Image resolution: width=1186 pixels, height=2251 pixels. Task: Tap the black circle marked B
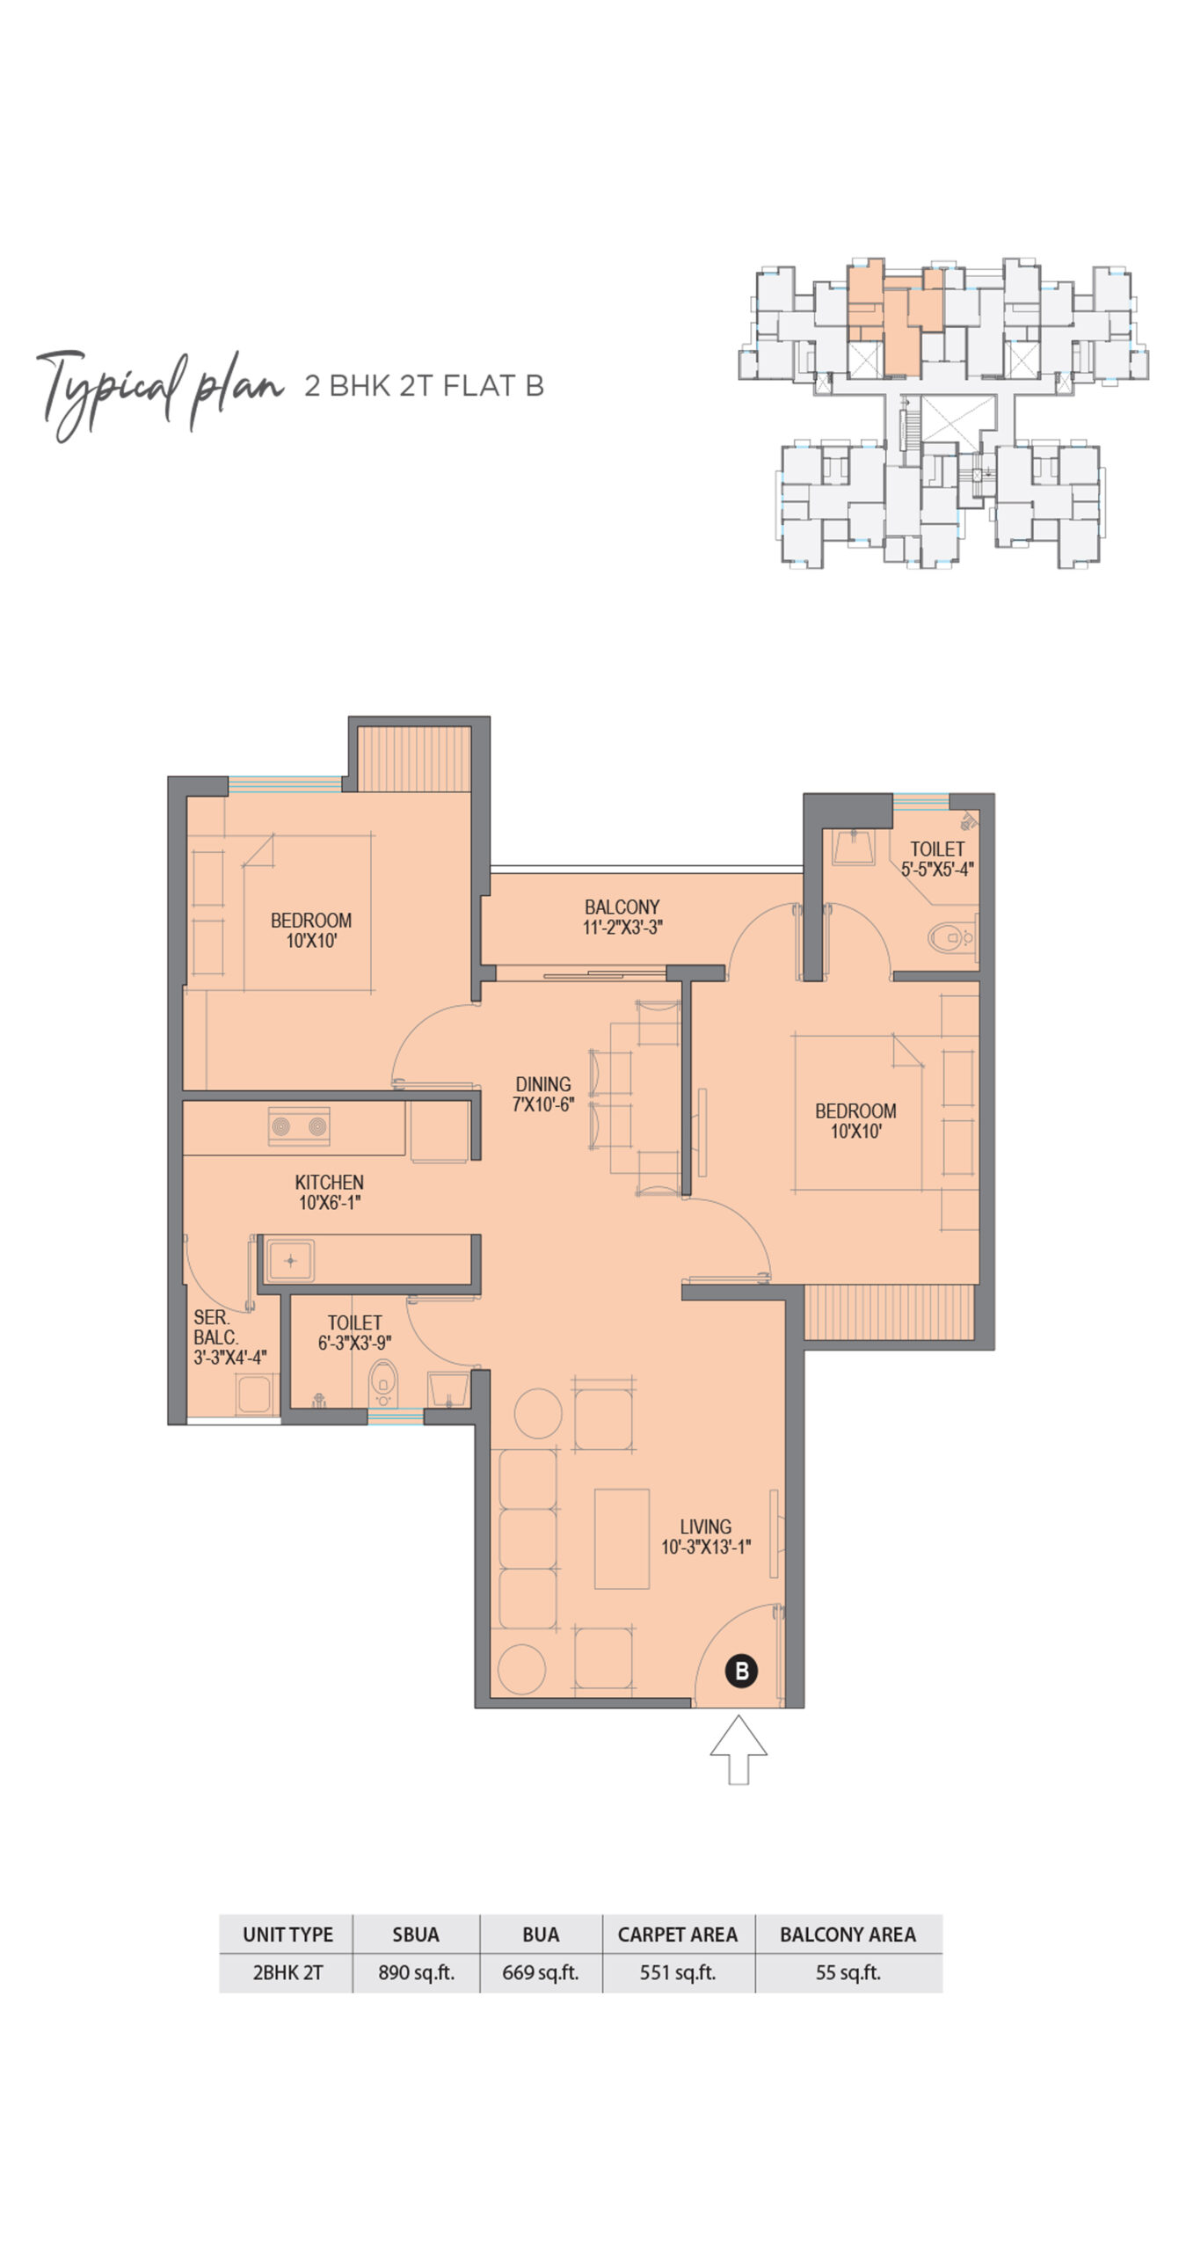742,1671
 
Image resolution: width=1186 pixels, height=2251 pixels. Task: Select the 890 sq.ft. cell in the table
416,1972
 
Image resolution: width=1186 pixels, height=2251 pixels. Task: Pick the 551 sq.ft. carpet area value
678,1972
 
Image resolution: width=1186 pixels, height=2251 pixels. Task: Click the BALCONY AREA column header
848,1934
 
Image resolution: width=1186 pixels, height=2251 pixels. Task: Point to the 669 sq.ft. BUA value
540,1972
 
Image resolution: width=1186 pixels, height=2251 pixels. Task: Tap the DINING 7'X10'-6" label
543,1094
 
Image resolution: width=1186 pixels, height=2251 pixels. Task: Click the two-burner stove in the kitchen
299,1126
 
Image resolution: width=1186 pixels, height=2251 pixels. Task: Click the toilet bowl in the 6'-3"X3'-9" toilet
383,1383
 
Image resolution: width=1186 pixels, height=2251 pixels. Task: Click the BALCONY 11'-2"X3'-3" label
622,916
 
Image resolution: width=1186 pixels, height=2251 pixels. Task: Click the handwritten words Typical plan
160,392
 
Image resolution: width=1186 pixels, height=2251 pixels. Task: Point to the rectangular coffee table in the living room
622,1539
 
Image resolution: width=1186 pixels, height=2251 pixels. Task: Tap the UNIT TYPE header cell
287,1934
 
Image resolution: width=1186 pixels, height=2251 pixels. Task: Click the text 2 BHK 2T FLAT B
424,386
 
